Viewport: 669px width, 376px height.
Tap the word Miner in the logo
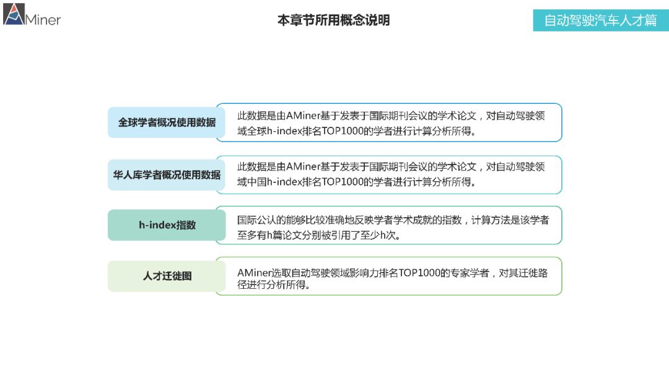pyautogui.click(x=43, y=19)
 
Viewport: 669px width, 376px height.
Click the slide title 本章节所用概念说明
pyautogui.click(x=333, y=20)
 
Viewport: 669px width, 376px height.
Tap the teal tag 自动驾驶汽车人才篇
pyautogui.click(x=600, y=20)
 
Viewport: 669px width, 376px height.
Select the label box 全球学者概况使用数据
pyautogui.click(x=167, y=122)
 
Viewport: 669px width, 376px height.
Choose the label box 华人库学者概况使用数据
pyautogui.click(x=167, y=175)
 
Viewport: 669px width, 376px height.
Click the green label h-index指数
pyautogui.click(x=167, y=225)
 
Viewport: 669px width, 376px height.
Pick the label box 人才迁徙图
pyautogui.click(x=167, y=276)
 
